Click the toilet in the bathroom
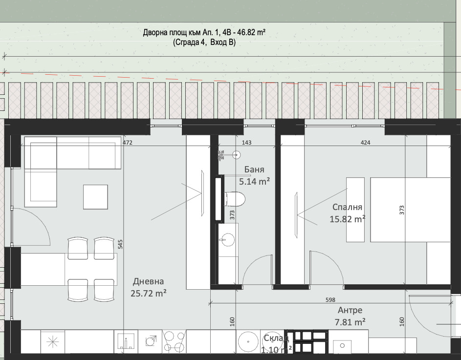pos(234,199)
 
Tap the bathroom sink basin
pos(227,239)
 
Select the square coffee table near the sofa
pos(95,197)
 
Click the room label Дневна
pos(148,281)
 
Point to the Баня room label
pos(254,169)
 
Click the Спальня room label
pos(347,207)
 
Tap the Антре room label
pos(350,310)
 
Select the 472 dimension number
pos(127,143)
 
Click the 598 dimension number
pos(330,300)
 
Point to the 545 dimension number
pos(120,244)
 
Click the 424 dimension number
pos(365,143)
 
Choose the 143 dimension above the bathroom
pos(246,143)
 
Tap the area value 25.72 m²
pos(149,293)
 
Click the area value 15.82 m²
pos(348,219)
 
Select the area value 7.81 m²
pos(350,322)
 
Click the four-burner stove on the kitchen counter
pos(174,341)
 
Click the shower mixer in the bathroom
pos(221,155)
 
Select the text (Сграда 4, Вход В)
pos(204,42)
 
